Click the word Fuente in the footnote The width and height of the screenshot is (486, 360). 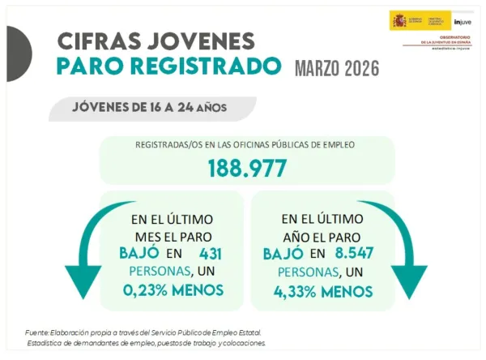pos(38,332)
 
